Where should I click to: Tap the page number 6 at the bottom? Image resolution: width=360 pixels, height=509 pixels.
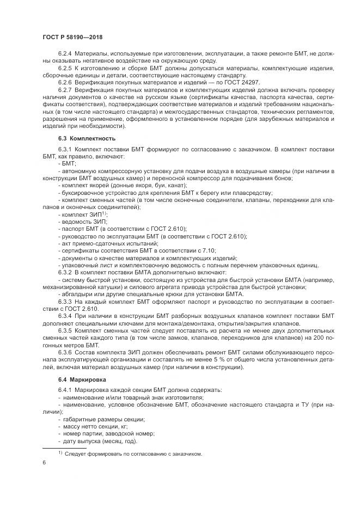(44, 463)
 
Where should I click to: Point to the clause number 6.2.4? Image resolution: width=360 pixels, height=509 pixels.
(65, 53)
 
